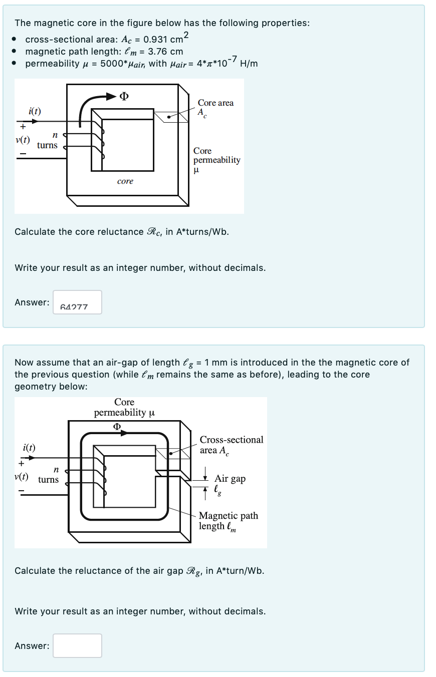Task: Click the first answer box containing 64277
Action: (77, 302)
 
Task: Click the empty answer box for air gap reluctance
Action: (77, 645)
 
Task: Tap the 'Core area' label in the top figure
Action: (215, 103)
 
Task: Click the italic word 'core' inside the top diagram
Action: (125, 181)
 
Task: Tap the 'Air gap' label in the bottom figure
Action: (230, 479)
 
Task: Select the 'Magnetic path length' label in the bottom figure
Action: (228, 521)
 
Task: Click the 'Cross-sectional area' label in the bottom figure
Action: (231, 445)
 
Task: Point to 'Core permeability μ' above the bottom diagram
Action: (124, 408)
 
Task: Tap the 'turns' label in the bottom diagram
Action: (49, 480)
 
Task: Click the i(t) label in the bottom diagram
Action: (29, 447)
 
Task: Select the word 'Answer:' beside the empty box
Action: (32, 646)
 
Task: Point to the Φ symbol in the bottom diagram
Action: (117, 427)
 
